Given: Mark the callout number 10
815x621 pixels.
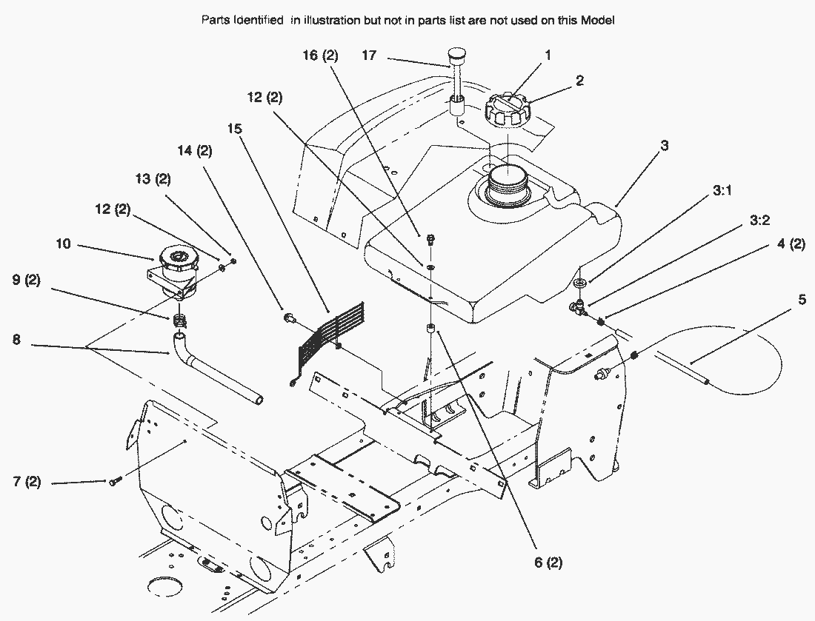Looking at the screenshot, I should (x=64, y=243).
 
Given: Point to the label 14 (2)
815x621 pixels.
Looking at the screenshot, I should (x=195, y=151).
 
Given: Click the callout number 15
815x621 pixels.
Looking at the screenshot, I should (x=235, y=128).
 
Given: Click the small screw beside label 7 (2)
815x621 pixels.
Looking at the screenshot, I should (x=114, y=482).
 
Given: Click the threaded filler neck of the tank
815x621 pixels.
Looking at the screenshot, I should (x=498, y=185).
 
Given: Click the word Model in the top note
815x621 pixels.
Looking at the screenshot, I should (x=599, y=21).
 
